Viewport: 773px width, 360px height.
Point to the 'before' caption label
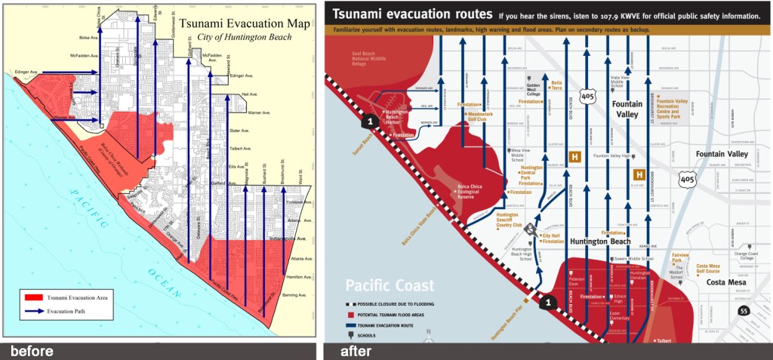32,351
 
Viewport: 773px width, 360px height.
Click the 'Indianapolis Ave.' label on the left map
293,238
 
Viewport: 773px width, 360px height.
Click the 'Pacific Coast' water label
390,286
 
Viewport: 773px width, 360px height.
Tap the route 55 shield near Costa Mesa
745,310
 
